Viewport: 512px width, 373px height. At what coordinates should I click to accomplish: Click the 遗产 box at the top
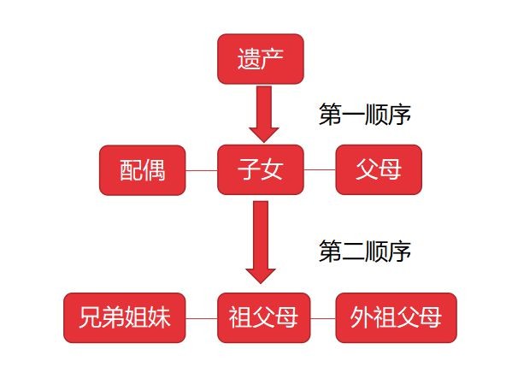tap(261, 59)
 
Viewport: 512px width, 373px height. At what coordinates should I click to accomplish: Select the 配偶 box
tap(143, 170)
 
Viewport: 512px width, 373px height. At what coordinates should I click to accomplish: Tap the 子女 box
tap(261, 169)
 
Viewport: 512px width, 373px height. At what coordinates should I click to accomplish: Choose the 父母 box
tap(379, 169)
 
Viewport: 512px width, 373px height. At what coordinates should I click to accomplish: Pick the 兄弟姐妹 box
tap(125, 317)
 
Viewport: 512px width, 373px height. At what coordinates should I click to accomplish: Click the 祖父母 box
tap(263, 317)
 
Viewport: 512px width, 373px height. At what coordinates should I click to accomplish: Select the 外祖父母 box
tap(396, 317)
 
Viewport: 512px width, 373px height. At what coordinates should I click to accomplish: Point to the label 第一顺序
tap(365, 114)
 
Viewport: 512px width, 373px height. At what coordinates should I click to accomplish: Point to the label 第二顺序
tap(365, 251)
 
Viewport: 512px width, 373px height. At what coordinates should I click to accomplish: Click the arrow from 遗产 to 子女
tap(264, 114)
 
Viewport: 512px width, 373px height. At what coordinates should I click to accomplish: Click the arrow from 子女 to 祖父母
tap(261, 242)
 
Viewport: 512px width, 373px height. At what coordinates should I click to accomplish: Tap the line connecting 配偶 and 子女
tap(202, 170)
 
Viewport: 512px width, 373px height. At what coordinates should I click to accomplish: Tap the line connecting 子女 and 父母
tap(320, 170)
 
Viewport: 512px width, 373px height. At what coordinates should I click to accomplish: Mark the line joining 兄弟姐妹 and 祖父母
tap(202, 318)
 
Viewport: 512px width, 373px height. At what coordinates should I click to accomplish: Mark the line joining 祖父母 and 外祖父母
tap(322, 318)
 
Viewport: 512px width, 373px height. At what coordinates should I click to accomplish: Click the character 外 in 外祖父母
tap(362, 317)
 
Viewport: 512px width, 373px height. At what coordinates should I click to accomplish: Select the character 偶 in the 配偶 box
tap(154, 170)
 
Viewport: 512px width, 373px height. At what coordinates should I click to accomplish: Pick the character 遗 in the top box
tap(249, 59)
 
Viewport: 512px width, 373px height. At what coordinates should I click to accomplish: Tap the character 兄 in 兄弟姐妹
tap(90, 317)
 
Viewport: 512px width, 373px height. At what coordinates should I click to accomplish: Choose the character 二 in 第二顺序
tap(353, 251)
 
